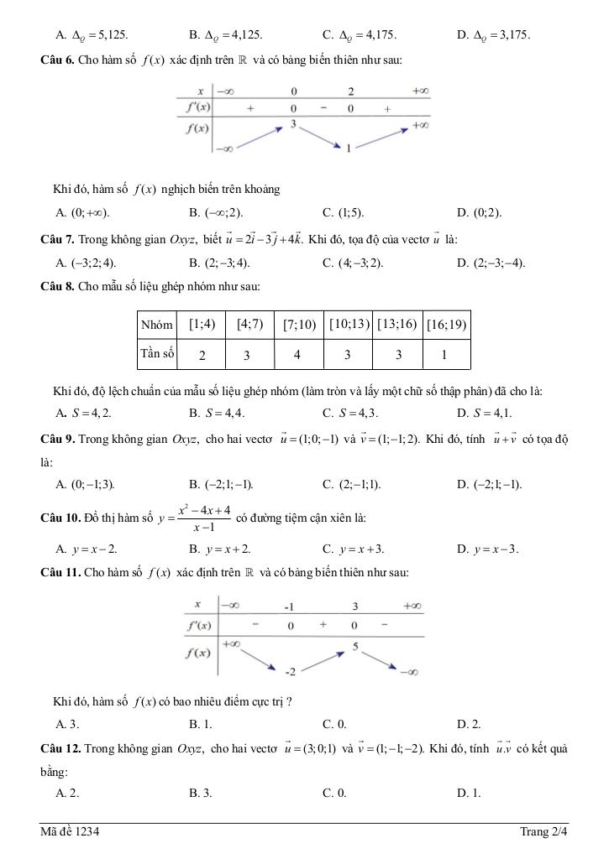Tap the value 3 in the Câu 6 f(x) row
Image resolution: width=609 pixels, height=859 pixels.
294,124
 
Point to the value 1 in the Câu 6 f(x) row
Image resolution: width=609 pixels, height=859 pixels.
349,148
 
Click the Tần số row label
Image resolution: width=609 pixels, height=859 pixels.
157,354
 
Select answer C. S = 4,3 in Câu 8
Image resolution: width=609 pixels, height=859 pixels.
350,413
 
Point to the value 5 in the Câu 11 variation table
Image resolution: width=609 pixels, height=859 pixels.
355,646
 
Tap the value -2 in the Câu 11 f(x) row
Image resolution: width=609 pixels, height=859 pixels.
290,672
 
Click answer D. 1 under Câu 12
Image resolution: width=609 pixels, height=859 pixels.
469,792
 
